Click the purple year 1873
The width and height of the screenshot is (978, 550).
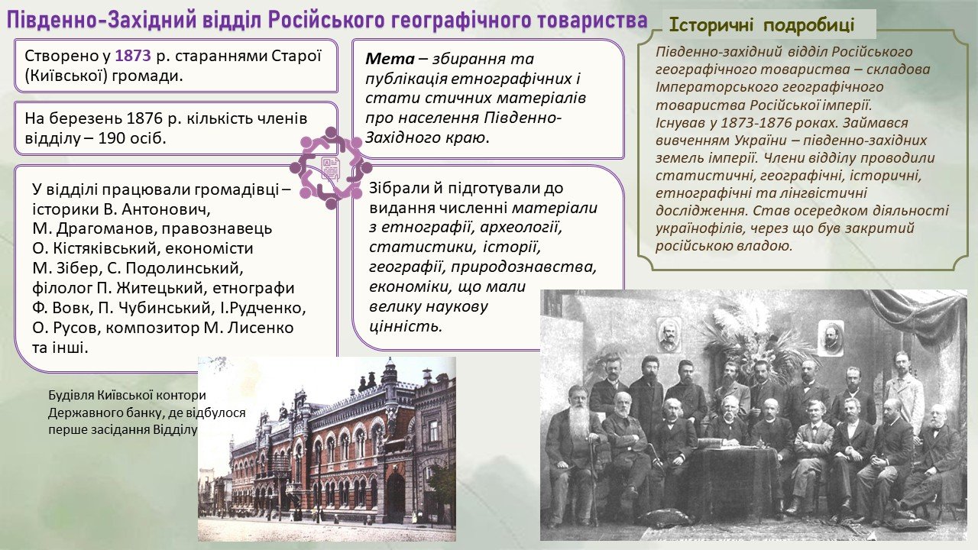tap(133, 56)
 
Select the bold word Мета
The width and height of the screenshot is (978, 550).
tap(390, 59)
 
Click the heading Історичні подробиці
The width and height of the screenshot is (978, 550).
tap(762, 25)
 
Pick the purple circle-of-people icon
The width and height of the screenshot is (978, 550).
tap(331, 167)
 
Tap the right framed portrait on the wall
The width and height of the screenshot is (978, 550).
tap(831, 337)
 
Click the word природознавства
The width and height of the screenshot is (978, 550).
tap(524, 267)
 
